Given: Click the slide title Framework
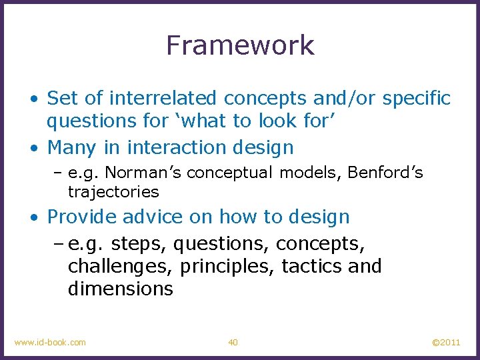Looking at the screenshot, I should [x=240, y=45].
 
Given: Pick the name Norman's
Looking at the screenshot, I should [x=145, y=173].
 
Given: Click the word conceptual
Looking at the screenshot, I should [x=230, y=173].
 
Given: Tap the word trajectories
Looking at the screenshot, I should [x=113, y=192].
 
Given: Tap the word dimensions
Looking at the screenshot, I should [x=120, y=289].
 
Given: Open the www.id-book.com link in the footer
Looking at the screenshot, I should [x=50, y=343].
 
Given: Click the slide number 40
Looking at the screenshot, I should [x=233, y=343].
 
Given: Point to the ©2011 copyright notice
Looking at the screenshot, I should [x=446, y=343].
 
